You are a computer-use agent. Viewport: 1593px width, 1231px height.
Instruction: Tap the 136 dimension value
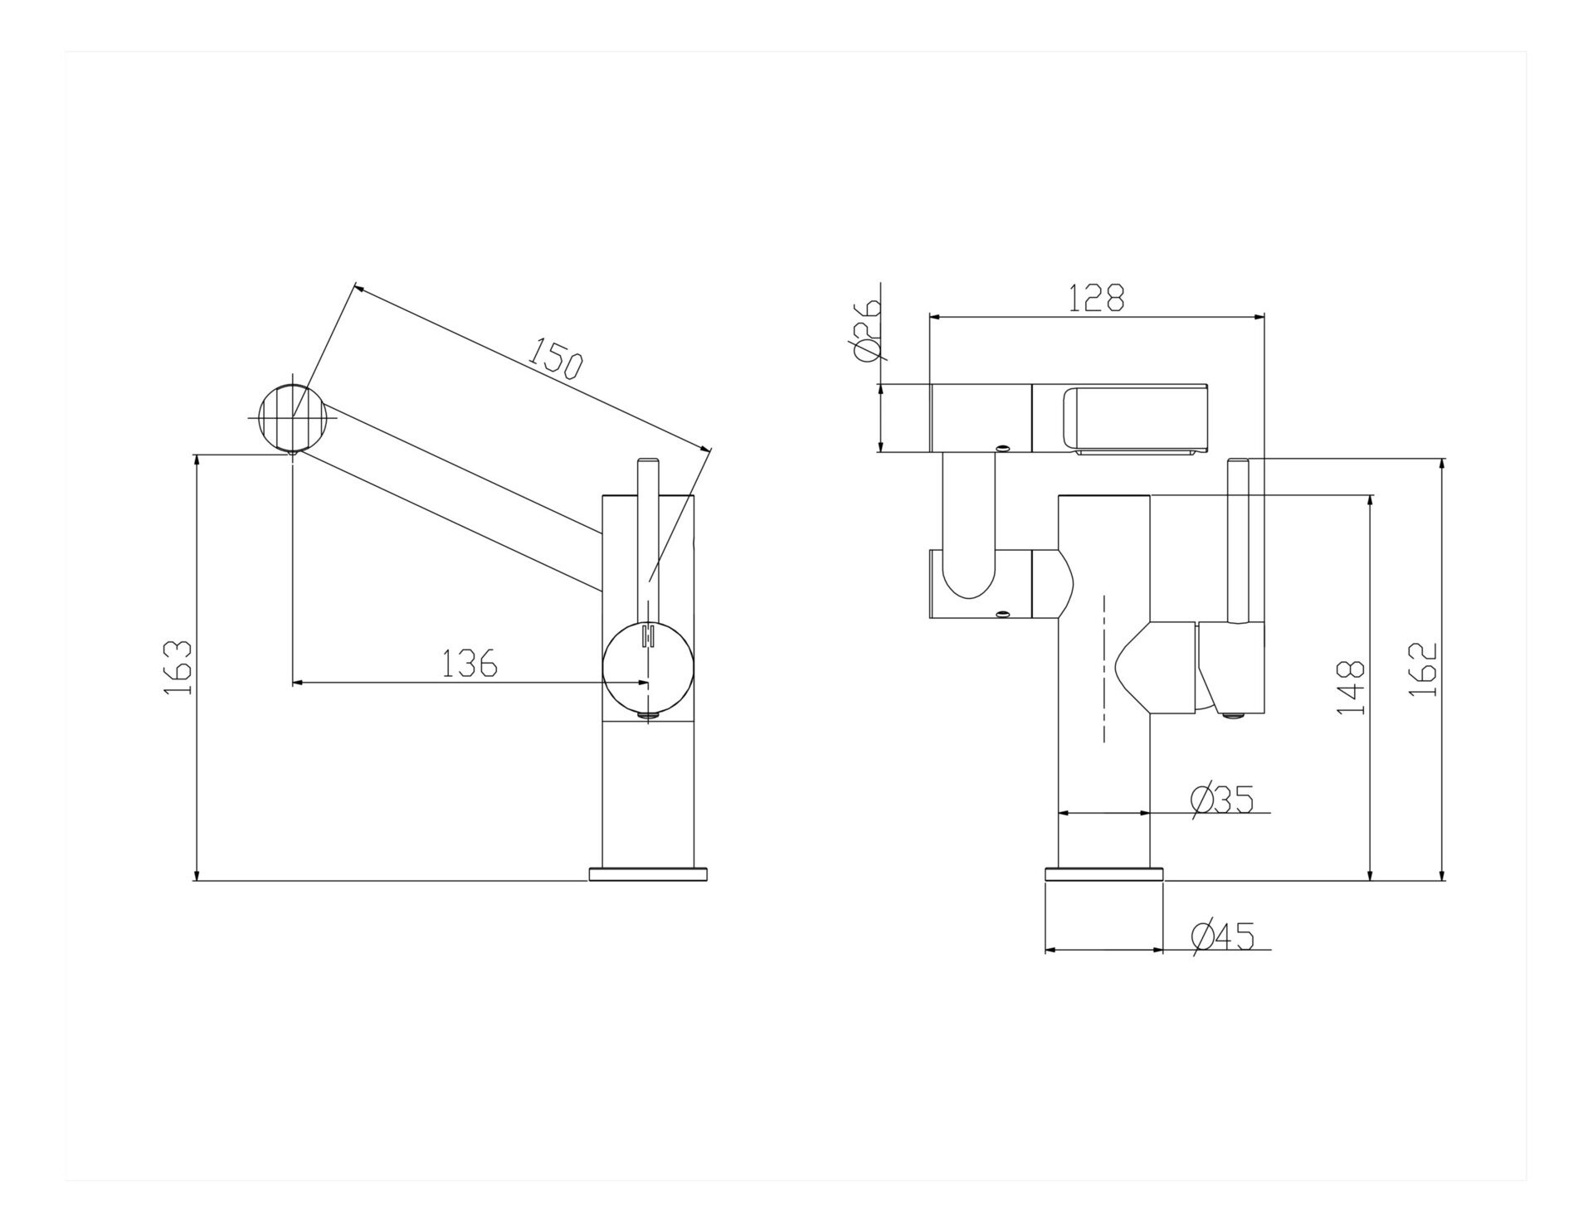[469, 663]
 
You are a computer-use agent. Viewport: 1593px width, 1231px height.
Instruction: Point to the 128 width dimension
[1096, 298]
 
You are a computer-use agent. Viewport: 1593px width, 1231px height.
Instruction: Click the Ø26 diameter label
[865, 331]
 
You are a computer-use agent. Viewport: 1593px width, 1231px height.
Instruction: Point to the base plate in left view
[648, 873]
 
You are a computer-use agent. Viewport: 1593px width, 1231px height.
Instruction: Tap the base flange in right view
[1103, 873]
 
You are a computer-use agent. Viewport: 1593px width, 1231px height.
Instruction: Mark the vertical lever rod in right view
[1239, 540]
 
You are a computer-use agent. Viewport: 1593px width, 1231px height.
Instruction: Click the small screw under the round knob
[647, 716]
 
